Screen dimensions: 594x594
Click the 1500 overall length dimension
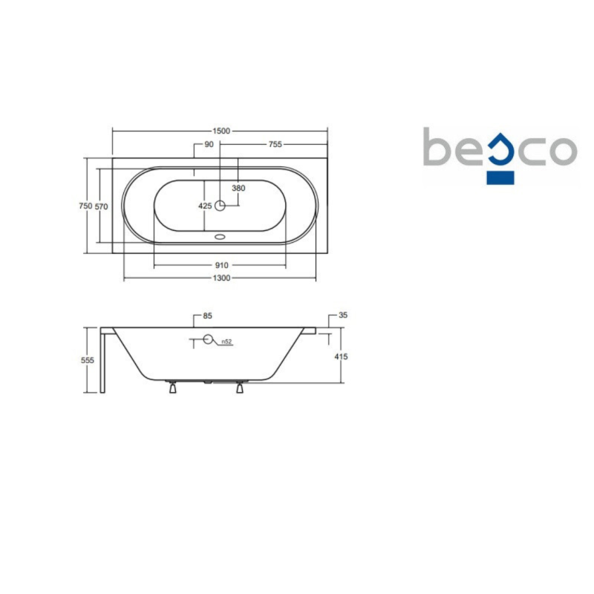[221, 131]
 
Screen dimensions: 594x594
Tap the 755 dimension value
[275, 144]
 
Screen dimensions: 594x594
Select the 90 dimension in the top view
[209, 144]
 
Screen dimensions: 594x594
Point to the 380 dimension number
[238, 188]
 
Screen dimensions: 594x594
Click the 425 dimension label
[205, 206]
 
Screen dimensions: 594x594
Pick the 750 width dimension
[85, 206]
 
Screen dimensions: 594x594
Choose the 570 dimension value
[101, 206]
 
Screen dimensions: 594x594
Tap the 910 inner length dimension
[221, 265]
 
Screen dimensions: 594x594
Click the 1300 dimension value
[221, 278]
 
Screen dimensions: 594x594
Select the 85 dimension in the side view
[208, 316]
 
